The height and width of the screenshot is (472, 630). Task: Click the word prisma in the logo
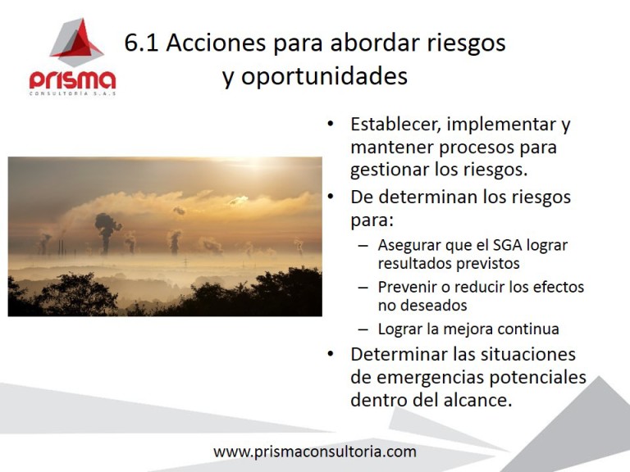pos(73,80)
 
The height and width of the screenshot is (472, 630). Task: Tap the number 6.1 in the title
pos(142,43)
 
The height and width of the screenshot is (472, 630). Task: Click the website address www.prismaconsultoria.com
pos(315,452)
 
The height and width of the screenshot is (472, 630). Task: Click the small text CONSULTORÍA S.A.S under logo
pos(73,94)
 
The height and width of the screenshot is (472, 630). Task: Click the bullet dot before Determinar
pos(330,355)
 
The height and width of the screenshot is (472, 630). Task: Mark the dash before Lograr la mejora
pos(363,329)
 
